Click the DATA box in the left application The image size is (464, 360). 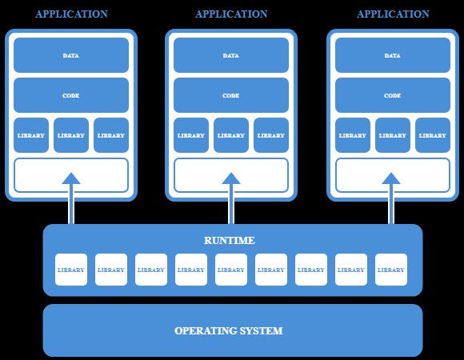point(71,55)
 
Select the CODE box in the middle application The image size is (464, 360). point(231,95)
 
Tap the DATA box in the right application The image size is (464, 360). point(393,55)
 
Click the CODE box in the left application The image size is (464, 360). point(71,95)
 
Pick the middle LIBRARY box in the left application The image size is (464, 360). point(71,135)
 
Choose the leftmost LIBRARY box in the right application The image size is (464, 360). point(353,135)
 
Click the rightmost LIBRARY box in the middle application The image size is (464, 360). point(271,135)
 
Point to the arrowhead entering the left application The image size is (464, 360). point(71,178)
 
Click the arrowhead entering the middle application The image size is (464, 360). point(231,178)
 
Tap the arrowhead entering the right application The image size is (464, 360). point(391,178)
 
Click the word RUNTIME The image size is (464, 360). point(230,240)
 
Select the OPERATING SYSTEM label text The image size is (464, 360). point(229,330)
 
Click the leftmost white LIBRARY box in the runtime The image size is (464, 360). point(71,270)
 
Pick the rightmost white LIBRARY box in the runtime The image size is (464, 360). point(391,270)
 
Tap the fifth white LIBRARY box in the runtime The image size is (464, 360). point(231,270)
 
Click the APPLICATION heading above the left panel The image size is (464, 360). point(71,14)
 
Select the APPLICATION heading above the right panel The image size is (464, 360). point(393,14)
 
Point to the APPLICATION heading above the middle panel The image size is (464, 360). point(231,14)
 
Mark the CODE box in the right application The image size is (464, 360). point(393,95)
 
